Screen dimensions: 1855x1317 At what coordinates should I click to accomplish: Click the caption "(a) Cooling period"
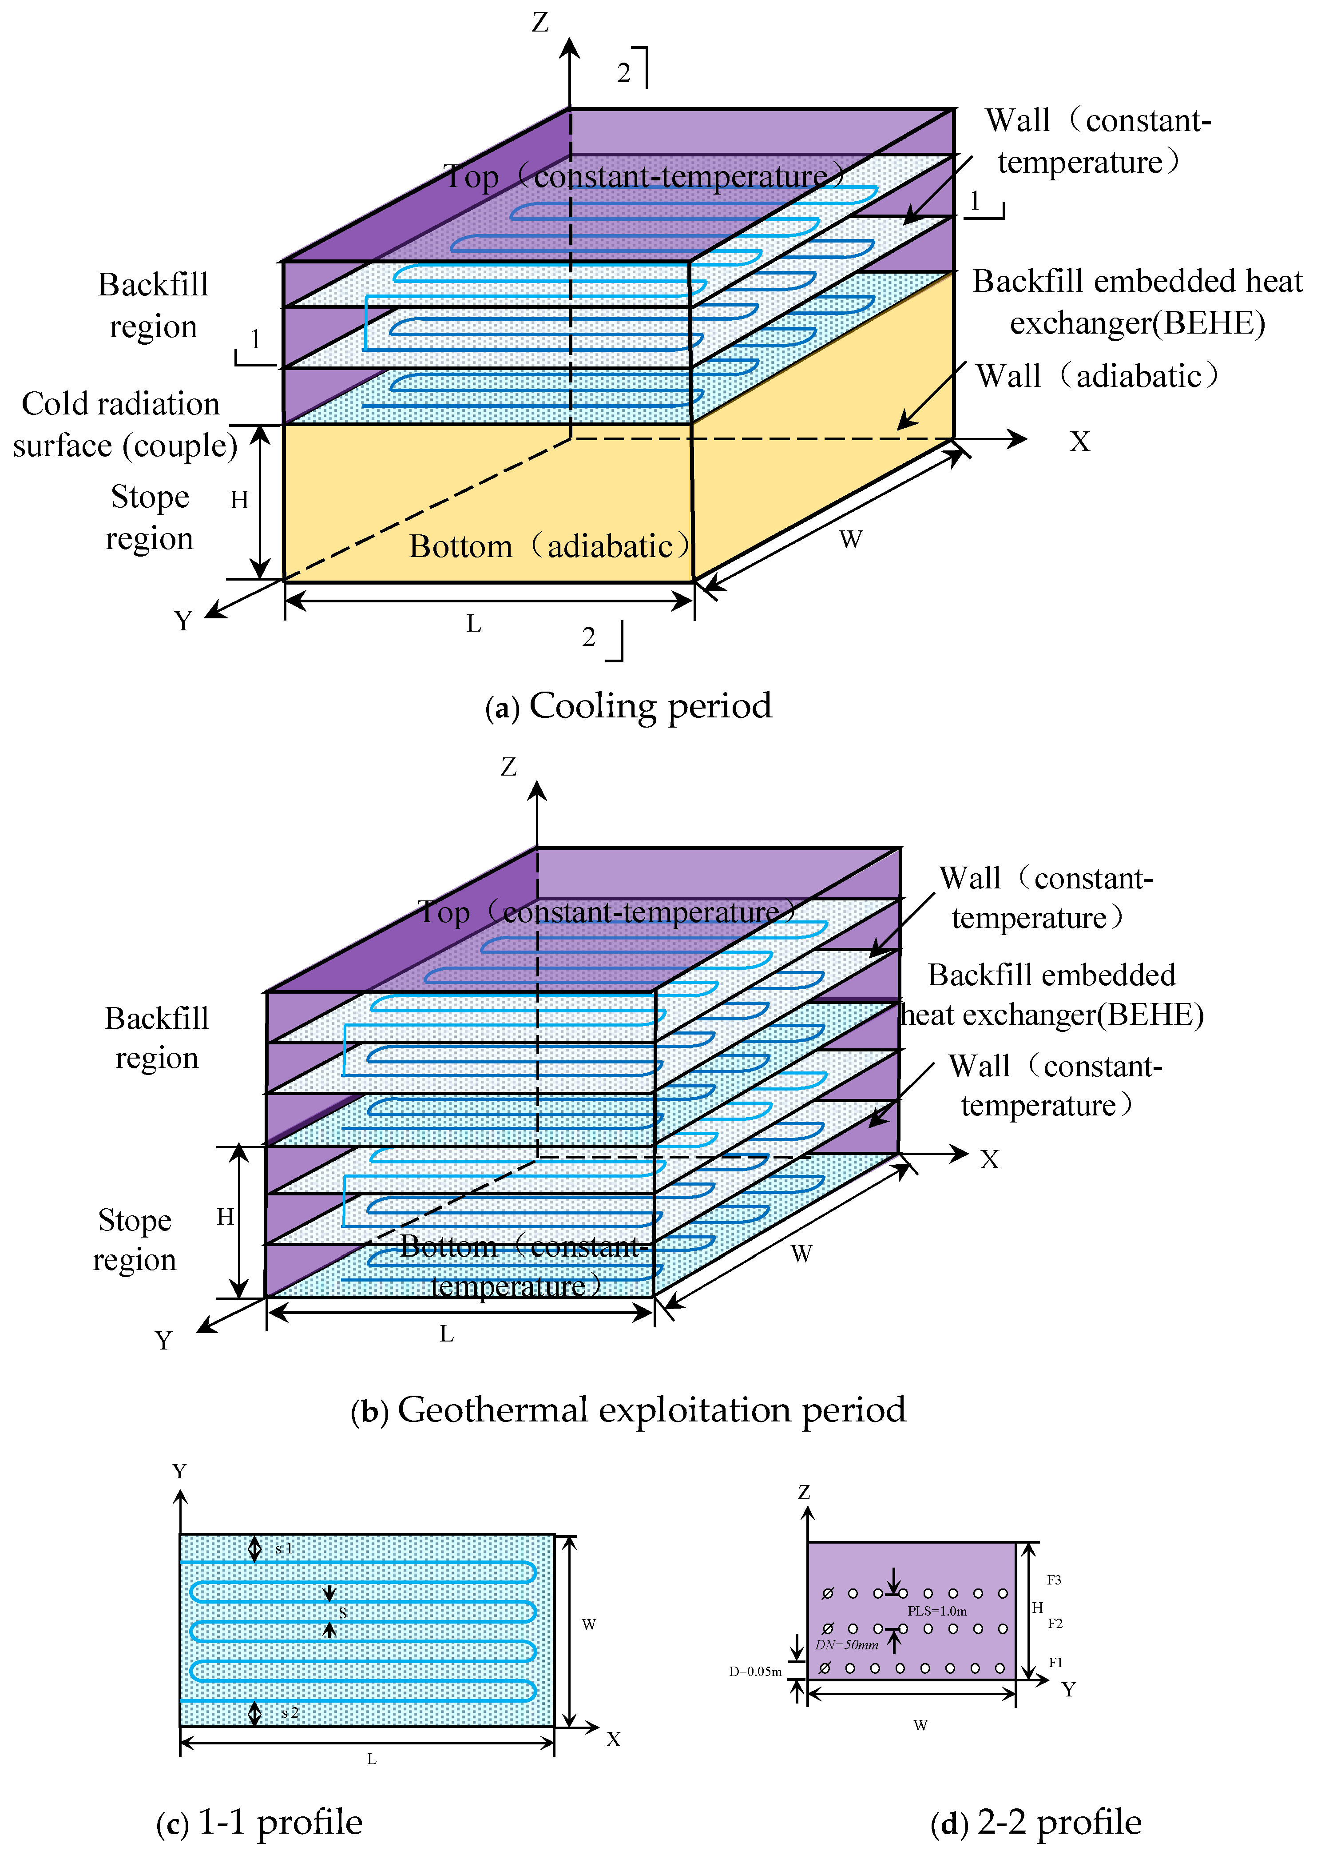[628, 706]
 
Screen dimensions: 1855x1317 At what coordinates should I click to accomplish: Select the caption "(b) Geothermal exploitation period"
[628, 1410]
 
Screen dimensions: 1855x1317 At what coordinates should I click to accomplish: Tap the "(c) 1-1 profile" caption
[259, 1822]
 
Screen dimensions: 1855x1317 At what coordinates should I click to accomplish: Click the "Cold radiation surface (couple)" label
[123, 424]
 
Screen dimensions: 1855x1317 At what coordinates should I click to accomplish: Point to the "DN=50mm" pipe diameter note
[847, 1645]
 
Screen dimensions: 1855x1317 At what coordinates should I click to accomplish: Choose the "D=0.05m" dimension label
[755, 1672]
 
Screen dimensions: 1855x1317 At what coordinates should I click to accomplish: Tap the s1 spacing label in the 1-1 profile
[284, 1548]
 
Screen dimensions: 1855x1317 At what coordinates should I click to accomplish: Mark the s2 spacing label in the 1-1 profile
[290, 1712]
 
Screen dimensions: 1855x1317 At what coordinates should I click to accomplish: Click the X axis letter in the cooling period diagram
[1079, 442]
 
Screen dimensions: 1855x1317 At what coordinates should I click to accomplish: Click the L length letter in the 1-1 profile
[371, 1759]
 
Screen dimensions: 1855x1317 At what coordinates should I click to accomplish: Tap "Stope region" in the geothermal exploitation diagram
[135, 1239]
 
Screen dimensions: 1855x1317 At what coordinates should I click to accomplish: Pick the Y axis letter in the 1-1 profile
[179, 1471]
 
